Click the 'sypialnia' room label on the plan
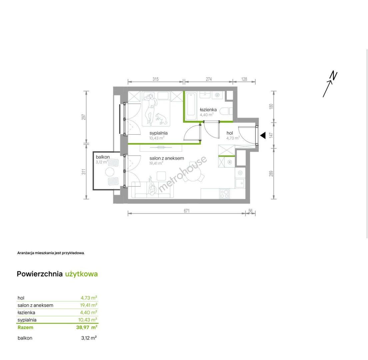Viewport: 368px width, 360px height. [x=158, y=133]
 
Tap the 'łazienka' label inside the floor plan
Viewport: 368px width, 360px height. [x=208, y=110]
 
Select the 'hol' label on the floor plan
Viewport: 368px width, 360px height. [x=230, y=133]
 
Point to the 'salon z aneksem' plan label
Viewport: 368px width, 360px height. [x=167, y=158]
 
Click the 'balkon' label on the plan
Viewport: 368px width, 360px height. [x=103, y=157]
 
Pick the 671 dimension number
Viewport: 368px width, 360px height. [x=187, y=211]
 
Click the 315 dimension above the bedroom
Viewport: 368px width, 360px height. [x=156, y=79]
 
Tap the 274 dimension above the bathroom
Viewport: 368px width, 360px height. [x=209, y=79]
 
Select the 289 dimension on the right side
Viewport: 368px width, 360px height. [x=271, y=174]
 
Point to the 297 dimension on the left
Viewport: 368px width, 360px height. [x=84, y=117]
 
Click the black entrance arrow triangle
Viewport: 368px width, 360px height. [x=263, y=135]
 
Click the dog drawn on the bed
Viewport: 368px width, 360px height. [x=161, y=119]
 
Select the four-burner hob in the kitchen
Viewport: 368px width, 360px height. [x=225, y=194]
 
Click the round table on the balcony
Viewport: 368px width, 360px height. [x=110, y=172]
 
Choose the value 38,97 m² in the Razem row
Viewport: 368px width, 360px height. [x=87, y=327]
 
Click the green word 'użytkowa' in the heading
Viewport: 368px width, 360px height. [x=81, y=274]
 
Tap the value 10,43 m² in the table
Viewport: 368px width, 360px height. [x=88, y=320]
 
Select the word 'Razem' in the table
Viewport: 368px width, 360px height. [x=25, y=327]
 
